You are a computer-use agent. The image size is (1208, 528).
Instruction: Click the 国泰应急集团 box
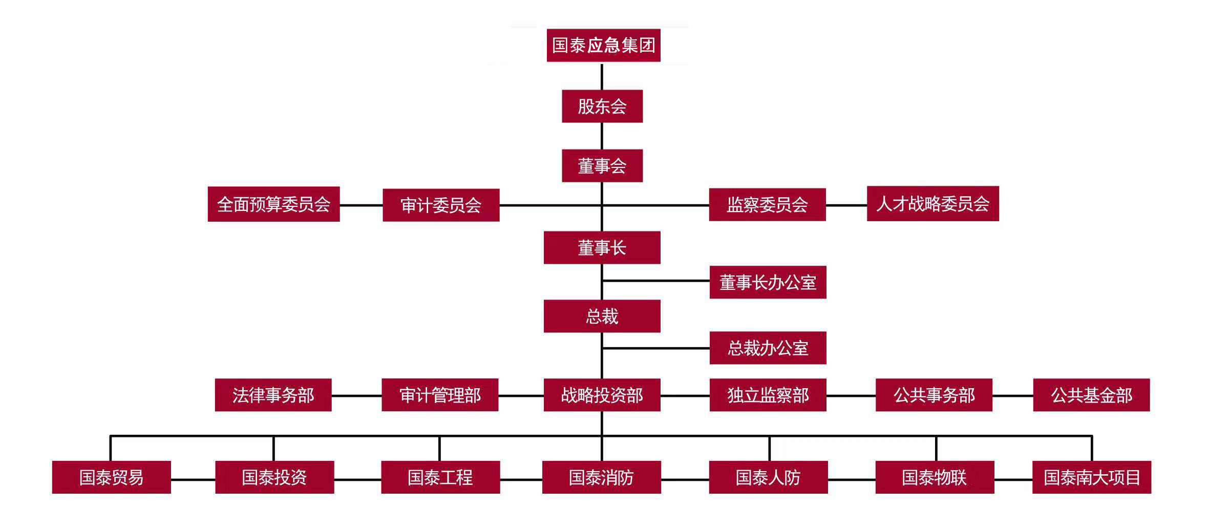(x=603, y=46)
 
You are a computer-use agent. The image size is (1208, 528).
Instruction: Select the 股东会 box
(x=602, y=107)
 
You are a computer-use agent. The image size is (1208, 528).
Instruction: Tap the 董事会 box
(x=602, y=166)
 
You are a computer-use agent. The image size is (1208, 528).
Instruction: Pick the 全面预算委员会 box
(x=273, y=204)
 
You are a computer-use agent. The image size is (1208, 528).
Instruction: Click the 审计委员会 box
(x=440, y=205)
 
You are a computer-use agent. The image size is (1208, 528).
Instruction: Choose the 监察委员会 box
(x=767, y=205)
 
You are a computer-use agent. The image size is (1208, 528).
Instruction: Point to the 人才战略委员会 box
(x=933, y=204)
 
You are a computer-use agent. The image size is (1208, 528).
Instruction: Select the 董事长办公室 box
(x=768, y=282)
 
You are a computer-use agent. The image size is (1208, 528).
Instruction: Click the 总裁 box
(x=602, y=316)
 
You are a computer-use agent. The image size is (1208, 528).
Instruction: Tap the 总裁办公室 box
(x=768, y=348)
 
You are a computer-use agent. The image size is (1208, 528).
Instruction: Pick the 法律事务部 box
(x=273, y=395)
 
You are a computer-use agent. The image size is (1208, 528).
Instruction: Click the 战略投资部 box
(x=602, y=395)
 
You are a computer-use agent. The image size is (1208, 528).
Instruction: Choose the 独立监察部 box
(x=768, y=395)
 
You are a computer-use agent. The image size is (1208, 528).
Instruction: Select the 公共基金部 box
(x=1091, y=395)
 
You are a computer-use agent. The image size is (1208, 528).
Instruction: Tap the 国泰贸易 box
(x=111, y=477)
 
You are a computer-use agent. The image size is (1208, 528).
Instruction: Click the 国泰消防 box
(x=601, y=477)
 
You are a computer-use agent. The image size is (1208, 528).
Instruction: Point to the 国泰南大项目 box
(x=1091, y=477)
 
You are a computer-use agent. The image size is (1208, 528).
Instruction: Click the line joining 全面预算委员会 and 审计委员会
(x=361, y=205)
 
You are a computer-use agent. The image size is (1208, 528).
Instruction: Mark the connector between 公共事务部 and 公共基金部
(x=1012, y=396)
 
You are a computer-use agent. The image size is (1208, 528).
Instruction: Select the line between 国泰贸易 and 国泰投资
(x=193, y=480)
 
